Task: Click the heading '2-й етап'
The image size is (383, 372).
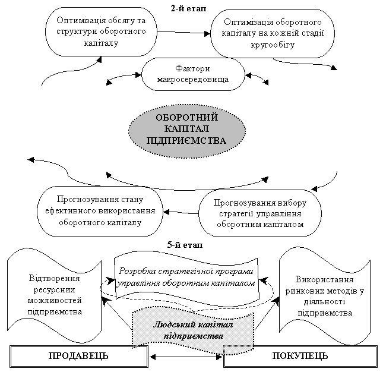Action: tap(188, 9)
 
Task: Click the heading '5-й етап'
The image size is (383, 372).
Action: tap(185, 245)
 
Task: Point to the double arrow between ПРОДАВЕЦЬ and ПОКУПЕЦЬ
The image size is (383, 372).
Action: tap(186, 357)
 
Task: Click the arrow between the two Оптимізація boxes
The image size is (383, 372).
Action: tap(183, 33)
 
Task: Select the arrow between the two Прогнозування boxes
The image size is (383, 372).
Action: tap(181, 212)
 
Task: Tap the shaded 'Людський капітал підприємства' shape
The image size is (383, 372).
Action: tap(193, 330)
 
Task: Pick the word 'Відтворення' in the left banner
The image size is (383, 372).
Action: tap(55, 278)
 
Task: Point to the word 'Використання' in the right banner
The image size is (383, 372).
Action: tap(325, 279)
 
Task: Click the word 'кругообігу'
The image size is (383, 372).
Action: tap(273, 45)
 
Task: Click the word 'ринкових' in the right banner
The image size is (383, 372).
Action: tap(303, 291)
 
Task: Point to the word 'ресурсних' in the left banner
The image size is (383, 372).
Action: tap(54, 290)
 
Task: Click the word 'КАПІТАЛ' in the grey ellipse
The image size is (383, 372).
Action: tap(186, 129)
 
